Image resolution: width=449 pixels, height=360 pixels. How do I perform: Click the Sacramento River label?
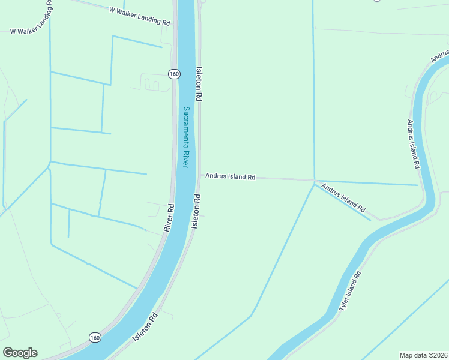187,137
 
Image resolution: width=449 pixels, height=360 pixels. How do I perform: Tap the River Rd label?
169,218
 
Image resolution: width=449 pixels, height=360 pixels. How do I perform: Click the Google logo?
20,353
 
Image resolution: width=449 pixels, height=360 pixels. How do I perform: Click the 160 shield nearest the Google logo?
95,338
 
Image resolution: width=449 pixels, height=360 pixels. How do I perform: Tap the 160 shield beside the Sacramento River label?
173,74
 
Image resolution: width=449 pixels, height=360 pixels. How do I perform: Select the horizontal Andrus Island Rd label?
231,177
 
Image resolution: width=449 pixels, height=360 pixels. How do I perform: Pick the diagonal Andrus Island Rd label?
343,198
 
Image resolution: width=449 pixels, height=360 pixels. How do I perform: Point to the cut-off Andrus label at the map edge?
440,56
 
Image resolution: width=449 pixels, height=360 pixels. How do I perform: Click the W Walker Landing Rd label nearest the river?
140,16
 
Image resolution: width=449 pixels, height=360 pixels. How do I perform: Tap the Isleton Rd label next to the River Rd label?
196,211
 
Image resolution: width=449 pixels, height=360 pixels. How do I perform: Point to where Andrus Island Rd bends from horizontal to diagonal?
315,180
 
